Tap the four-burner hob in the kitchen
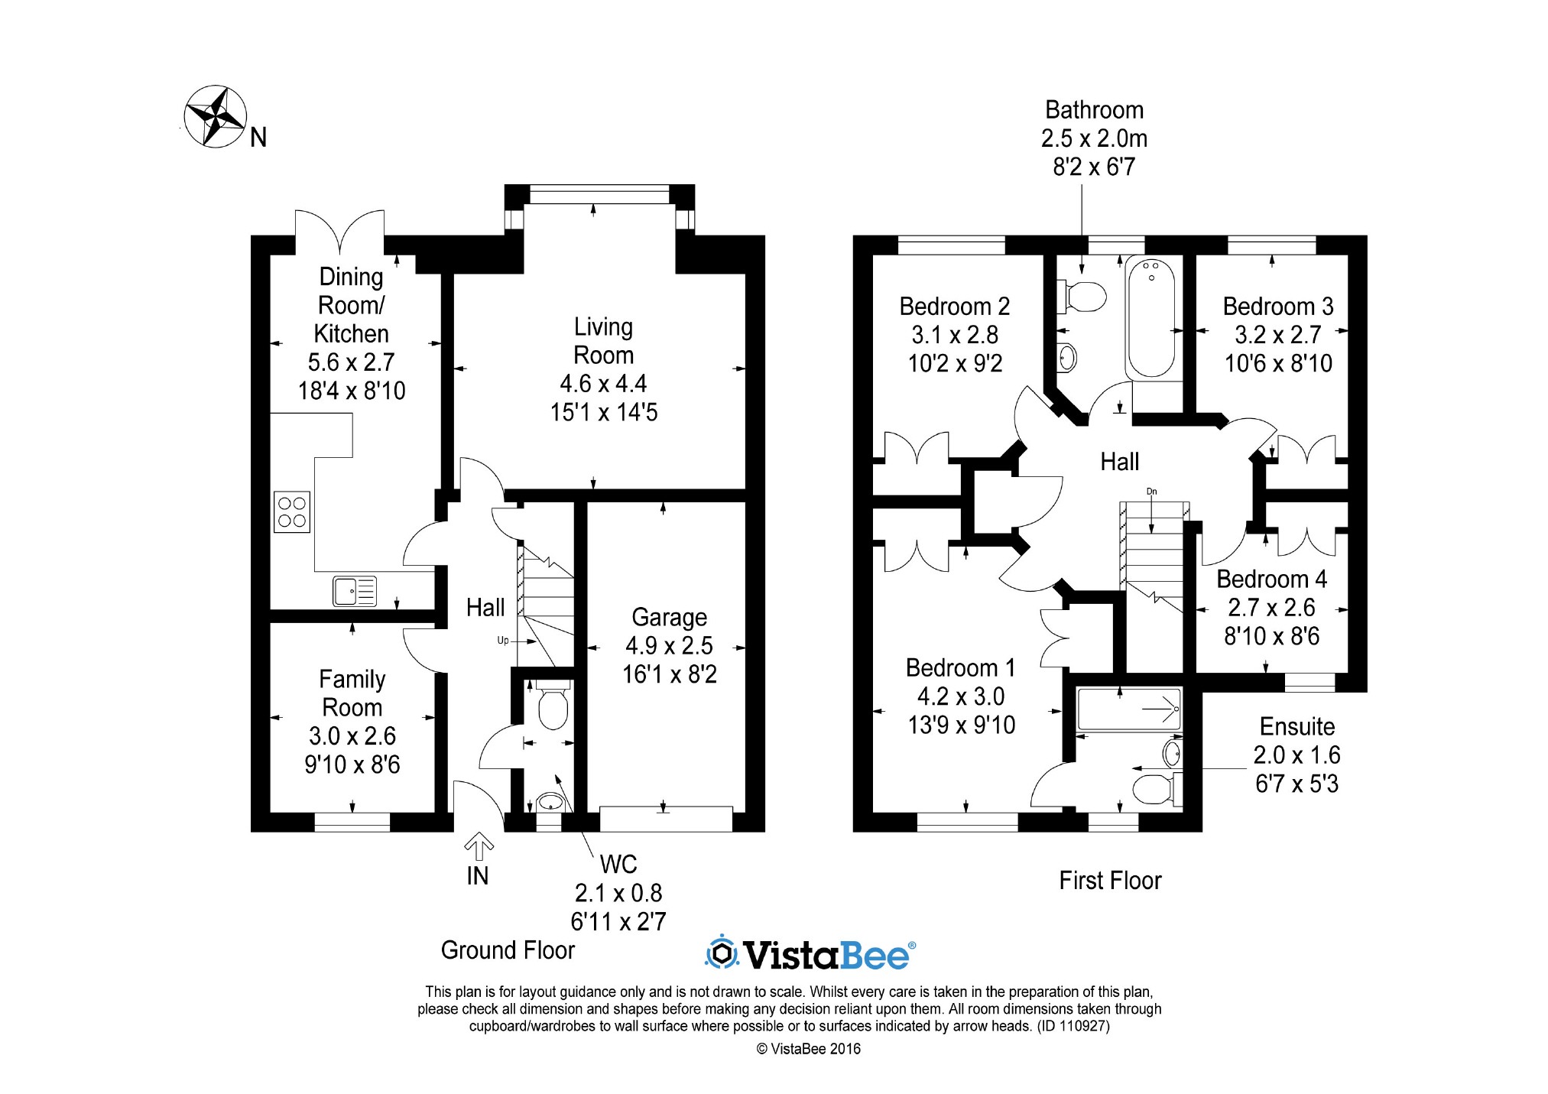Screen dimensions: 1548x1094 tap(292, 511)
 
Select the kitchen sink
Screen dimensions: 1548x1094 tap(355, 591)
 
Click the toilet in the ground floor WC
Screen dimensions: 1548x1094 tap(551, 704)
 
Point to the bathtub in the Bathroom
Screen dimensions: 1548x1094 tap(1151, 317)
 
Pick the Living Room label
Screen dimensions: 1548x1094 tap(603, 341)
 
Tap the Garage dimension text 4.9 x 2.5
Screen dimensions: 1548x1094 tap(669, 645)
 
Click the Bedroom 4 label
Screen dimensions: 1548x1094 tap(1271, 579)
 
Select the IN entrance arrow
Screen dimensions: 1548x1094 tap(479, 846)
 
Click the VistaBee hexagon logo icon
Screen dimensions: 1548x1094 tap(721, 953)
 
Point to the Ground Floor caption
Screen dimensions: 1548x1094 tap(508, 950)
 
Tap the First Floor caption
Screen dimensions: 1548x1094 tap(1110, 881)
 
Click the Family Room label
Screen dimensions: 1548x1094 tap(352, 693)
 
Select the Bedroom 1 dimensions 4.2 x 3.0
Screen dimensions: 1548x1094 tap(961, 696)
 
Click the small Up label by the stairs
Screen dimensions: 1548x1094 tap(503, 641)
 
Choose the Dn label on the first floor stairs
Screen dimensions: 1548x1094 tap(1152, 492)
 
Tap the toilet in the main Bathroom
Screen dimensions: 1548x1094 tap(1082, 296)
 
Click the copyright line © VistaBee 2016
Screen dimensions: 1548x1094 tap(809, 1049)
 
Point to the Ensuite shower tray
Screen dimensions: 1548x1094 tap(1128, 709)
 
